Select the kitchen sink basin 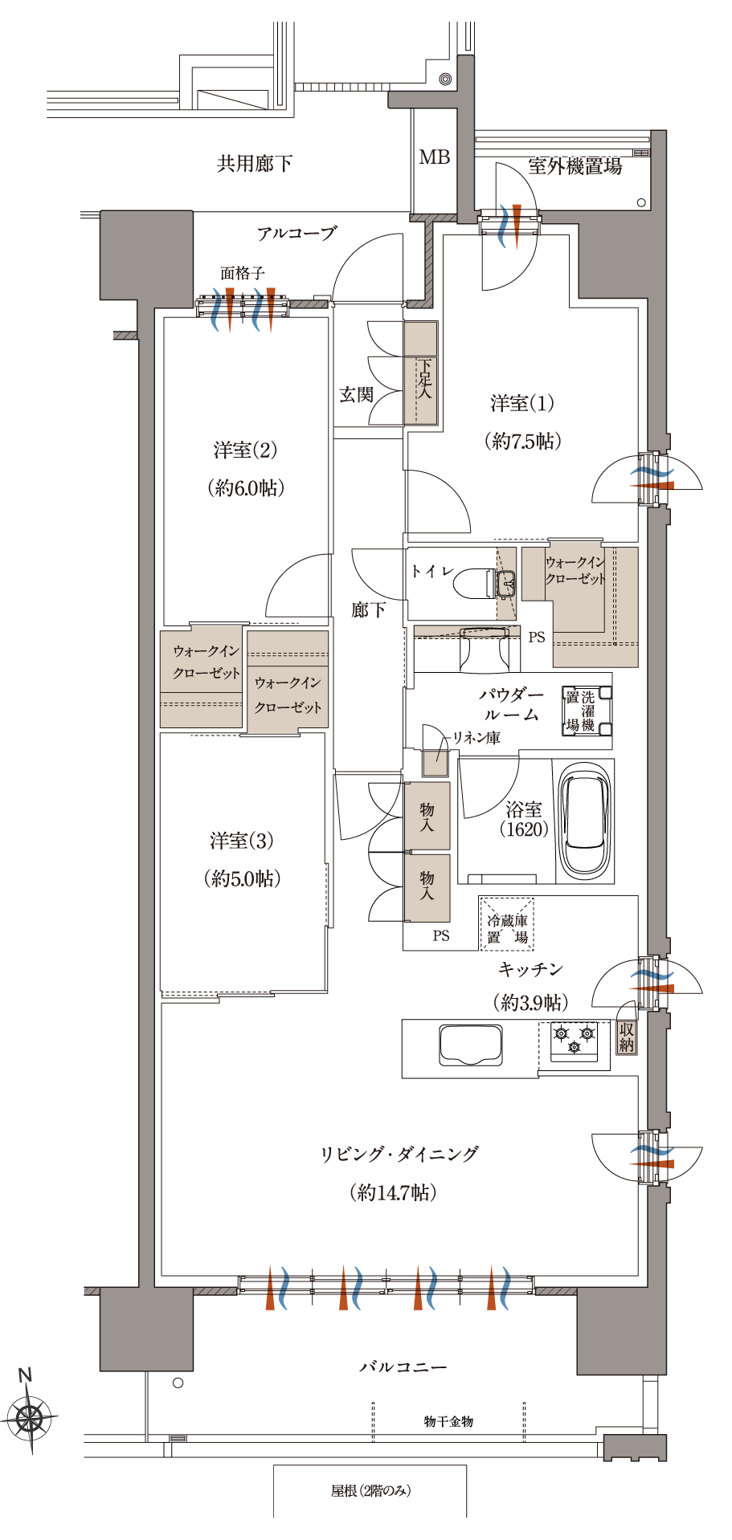click(471, 1045)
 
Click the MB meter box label click(434, 157)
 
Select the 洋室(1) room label click(522, 403)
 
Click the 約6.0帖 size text click(246, 487)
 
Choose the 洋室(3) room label click(242, 841)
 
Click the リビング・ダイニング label click(399, 1154)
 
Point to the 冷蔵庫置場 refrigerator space click(507, 923)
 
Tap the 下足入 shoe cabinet click(420, 373)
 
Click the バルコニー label click(403, 1366)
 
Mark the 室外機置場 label click(575, 166)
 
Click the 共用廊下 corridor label click(255, 164)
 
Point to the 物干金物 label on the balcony click(448, 1421)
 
